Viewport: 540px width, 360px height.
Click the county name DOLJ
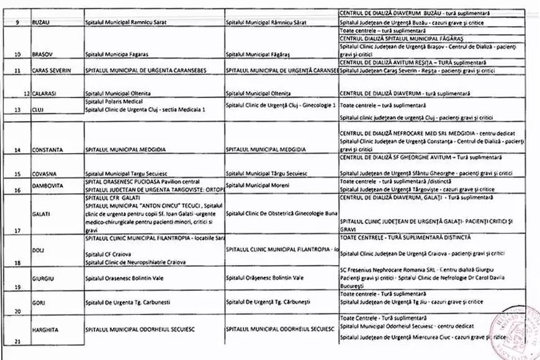point(38,250)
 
